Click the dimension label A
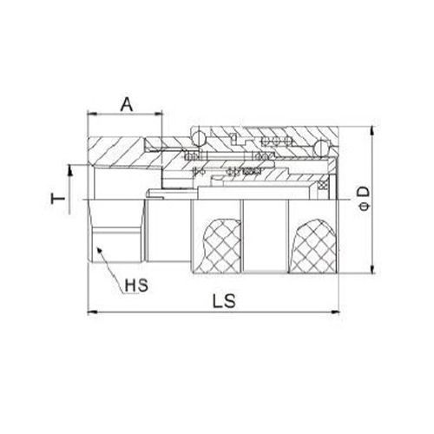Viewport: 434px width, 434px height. pos(126,104)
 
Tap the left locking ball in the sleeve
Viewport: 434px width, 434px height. pos(199,136)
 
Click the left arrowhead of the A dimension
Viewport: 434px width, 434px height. pos(91,116)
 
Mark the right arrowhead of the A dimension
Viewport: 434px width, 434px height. pos(160,116)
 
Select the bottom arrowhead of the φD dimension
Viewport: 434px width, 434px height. pos(372,271)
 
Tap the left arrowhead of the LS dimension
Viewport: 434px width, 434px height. pos(91,312)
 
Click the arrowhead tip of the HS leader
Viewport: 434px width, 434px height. pos(97,249)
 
